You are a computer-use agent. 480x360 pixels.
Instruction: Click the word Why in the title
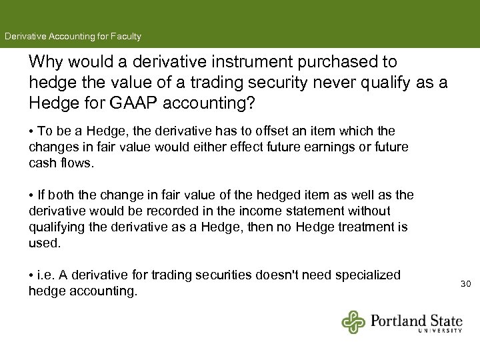45,62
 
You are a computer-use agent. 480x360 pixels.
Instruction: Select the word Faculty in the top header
125,36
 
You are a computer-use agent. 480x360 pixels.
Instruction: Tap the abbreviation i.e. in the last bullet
47,275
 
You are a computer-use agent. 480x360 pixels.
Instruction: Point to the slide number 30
465,284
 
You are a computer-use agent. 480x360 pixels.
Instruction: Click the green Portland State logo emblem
354,321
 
